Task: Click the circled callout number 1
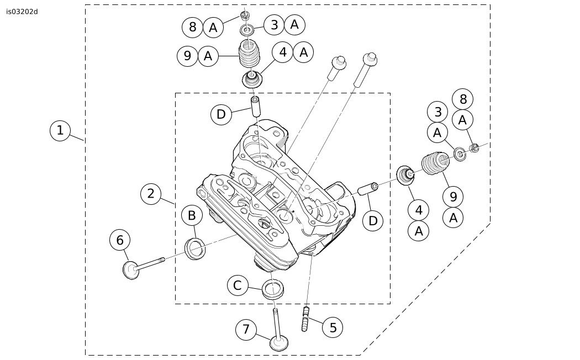pyautogui.click(x=60, y=131)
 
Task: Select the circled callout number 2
pyautogui.click(x=150, y=193)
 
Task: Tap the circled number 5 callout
pyautogui.click(x=333, y=327)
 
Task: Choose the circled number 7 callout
pyautogui.click(x=246, y=330)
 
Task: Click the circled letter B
pyautogui.click(x=192, y=215)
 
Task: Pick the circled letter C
pyautogui.click(x=238, y=285)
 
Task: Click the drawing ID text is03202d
pyautogui.click(x=22, y=12)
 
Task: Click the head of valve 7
pyautogui.click(x=281, y=343)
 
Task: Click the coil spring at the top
pyautogui.click(x=250, y=54)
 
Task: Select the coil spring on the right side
pyautogui.click(x=436, y=163)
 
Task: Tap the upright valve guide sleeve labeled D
pyautogui.click(x=256, y=106)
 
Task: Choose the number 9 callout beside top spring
pyautogui.click(x=188, y=56)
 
